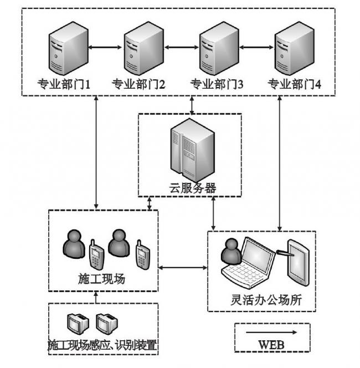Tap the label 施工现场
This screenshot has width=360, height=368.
pos(102,278)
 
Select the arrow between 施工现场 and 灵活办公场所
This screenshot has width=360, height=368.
pos(182,268)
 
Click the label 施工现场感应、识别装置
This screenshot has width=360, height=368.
pos(103,346)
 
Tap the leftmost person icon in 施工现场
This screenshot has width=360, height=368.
pos(73,244)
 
